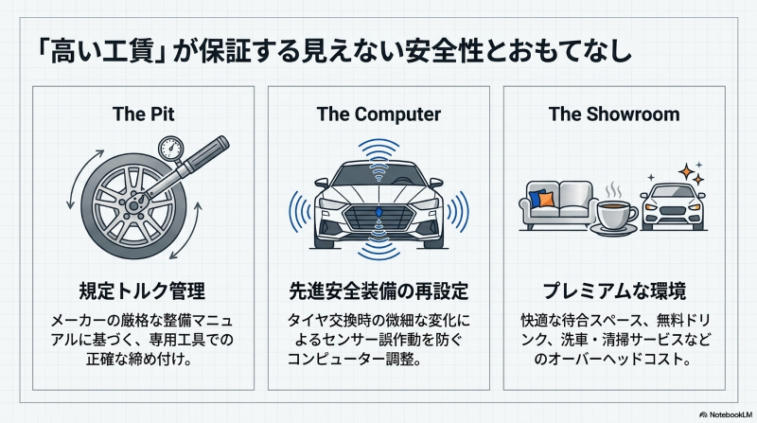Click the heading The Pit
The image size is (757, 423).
(x=144, y=115)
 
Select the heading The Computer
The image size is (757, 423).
(x=378, y=115)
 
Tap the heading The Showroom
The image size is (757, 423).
(x=614, y=115)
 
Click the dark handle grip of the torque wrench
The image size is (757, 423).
(x=208, y=150)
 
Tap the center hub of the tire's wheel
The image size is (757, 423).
(x=133, y=205)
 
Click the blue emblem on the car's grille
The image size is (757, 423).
(x=378, y=212)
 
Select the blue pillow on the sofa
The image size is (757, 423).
(x=537, y=198)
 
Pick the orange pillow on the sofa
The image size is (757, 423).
(x=546, y=200)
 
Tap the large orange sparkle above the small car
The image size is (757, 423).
(x=686, y=172)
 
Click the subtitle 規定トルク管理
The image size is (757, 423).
(x=143, y=291)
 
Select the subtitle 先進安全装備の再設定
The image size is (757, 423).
(x=378, y=291)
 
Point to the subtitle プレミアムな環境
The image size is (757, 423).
(x=614, y=291)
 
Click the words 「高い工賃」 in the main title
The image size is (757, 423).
(x=102, y=51)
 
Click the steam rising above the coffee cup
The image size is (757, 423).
(x=614, y=190)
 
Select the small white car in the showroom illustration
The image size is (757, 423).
(x=673, y=206)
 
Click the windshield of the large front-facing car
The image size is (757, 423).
(x=378, y=175)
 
